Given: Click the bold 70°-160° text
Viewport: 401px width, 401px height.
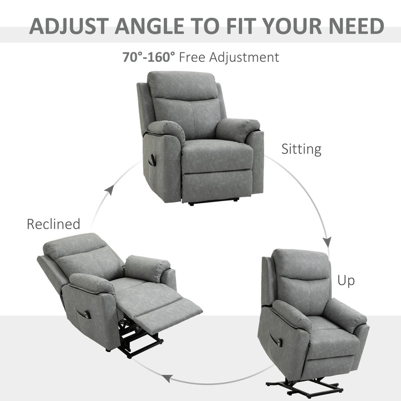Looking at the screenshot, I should click(149, 57).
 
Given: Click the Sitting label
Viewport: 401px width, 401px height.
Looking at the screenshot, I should click(301, 149).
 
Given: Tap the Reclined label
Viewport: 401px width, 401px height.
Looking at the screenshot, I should click(53, 224).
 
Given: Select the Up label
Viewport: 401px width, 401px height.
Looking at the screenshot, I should click(346, 281).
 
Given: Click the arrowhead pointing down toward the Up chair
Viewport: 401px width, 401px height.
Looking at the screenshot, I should click(327, 241).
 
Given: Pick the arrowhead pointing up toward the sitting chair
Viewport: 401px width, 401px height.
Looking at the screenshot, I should click(110, 190).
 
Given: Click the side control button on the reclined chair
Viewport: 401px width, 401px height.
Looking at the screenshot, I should click(87, 315).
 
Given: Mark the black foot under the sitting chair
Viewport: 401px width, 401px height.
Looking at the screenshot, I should click(192, 204).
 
